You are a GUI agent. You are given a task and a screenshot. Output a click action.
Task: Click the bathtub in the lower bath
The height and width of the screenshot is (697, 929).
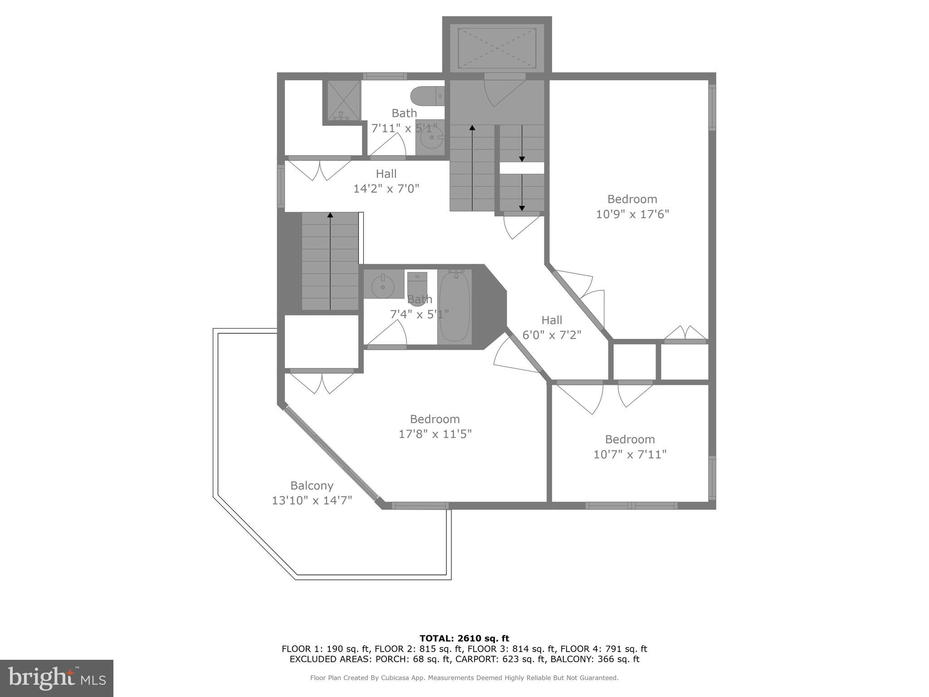(x=454, y=306)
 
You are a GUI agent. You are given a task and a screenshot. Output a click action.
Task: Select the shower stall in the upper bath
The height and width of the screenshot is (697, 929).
(x=342, y=101)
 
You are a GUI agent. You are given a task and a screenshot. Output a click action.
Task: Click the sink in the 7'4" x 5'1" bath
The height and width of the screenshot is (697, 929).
(x=383, y=285)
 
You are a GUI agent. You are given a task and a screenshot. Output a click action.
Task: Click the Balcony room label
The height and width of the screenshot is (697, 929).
(x=312, y=486)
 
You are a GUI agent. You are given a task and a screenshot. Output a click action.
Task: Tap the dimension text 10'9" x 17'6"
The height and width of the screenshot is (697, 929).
(x=632, y=214)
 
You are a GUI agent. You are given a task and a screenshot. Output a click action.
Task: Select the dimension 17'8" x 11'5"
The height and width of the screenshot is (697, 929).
(x=435, y=434)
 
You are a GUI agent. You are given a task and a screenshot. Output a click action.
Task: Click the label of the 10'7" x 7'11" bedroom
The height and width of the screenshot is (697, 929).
(x=630, y=439)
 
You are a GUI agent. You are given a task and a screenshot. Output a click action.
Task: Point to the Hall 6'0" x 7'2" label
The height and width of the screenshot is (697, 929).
(x=552, y=320)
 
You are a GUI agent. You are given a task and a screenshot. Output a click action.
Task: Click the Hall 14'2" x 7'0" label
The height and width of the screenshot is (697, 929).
(x=386, y=174)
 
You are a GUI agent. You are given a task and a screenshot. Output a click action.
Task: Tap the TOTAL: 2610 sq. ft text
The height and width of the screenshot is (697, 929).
(x=464, y=638)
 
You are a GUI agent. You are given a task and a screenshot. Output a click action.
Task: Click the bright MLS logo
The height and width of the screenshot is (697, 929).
(x=57, y=678)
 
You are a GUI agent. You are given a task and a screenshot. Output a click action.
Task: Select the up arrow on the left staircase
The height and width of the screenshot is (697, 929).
(x=330, y=216)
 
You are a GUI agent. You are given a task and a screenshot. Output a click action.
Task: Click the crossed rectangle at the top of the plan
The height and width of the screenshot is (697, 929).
(x=497, y=48)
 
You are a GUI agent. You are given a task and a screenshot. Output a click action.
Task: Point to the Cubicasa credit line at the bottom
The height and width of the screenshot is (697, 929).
(x=464, y=677)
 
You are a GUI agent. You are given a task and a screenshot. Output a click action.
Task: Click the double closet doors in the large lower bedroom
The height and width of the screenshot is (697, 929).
(x=322, y=382)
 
